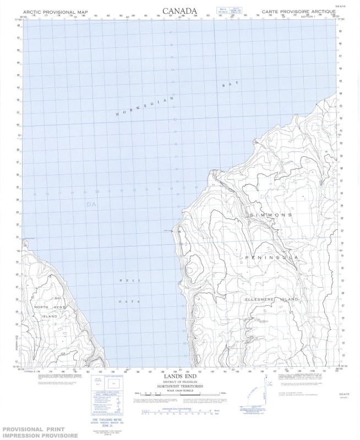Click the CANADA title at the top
pos(179,11)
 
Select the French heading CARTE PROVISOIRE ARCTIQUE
pos(298,12)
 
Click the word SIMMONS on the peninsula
pos(270,214)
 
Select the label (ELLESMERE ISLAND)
pos(271,299)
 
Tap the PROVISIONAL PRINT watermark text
pos(34,429)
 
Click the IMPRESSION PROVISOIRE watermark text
pos(40,435)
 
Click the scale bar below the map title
pos(179,394)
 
